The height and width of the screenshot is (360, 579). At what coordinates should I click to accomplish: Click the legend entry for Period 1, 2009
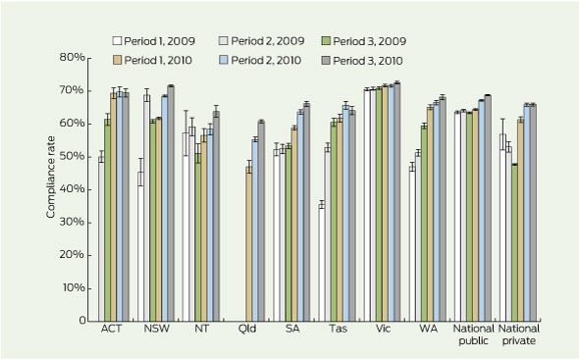(154, 41)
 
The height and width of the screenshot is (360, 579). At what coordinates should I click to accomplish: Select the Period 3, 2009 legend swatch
(327, 40)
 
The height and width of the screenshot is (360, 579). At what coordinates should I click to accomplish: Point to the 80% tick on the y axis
(87, 58)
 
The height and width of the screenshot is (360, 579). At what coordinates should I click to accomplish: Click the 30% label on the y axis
(72, 222)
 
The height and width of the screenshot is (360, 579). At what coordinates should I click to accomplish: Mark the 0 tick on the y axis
(87, 321)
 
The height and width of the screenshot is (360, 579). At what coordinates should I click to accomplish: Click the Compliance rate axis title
(51, 178)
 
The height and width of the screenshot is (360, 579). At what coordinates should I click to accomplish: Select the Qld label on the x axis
(247, 329)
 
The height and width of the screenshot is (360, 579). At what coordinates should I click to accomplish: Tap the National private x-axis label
(519, 334)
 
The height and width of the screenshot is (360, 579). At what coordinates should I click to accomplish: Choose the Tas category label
(339, 329)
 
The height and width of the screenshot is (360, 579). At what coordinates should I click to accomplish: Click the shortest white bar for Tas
(322, 263)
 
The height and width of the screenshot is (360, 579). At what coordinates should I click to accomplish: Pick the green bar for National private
(514, 242)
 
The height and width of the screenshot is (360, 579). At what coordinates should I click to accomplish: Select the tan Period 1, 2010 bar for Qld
(249, 243)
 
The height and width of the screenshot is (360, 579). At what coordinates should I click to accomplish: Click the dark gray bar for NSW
(171, 203)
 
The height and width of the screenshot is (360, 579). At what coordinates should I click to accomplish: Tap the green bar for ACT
(107, 220)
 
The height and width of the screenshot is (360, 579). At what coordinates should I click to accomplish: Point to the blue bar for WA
(437, 212)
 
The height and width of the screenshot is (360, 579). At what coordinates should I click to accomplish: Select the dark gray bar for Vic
(397, 202)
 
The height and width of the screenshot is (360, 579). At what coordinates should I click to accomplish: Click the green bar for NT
(198, 237)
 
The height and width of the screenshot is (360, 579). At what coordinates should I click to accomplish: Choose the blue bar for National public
(482, 211)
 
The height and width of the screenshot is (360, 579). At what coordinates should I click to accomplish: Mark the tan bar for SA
(294, 225)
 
